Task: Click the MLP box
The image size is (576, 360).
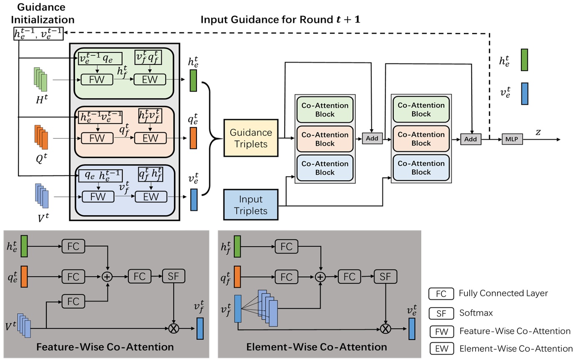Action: tap(512, 139)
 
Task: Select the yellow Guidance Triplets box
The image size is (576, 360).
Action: tap(251, 137)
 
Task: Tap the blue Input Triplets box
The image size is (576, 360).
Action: tap(251, 204)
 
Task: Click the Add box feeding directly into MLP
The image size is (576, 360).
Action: tap(471, 139)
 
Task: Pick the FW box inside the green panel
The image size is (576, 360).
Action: tap(97, 80)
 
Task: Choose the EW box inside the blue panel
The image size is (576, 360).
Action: tap(150, 196)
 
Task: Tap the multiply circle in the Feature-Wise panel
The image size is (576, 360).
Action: tap(173, 328)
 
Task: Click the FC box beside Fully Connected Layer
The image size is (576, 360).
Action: tap(441, 294)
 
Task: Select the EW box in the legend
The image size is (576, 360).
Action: tap(441, 349)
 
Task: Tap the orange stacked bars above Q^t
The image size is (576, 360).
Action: tap(40, 137)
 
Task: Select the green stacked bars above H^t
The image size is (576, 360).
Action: tap(40, 79)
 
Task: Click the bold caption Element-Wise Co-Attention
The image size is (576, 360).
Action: tap(317, 347)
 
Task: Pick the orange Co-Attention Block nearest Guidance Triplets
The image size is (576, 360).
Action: tap(325, 139)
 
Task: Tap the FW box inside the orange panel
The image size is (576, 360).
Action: tap(97, 138)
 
